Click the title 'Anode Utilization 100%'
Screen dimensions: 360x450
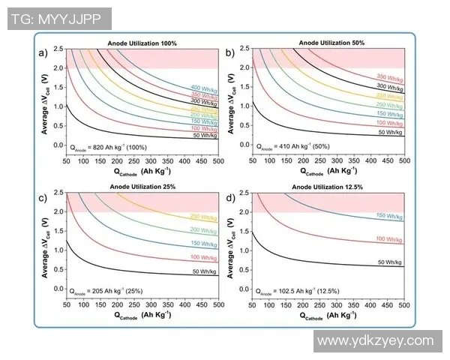pyautogui.click(x=142, y=43)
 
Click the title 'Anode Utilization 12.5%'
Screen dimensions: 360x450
pyautogui.click(x=330, y=187)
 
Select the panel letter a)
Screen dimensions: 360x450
pyautogui.click(x=44, y=52)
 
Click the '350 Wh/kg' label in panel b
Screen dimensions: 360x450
pyautogui.click(x=391, y=77)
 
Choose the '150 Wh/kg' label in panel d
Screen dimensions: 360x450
pyautogui.click(x=391, y=215)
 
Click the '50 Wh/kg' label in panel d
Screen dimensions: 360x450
pyautogui.click(x=391, y=262)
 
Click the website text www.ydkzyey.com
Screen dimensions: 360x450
pyautogui.click(x=376, y=340)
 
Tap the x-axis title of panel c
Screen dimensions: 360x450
pyautogui.click(x=142, y=316)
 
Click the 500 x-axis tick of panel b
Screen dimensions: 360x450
pyautogui.click(x=403, y=160)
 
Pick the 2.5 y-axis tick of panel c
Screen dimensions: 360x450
pyautogui.click(x=58, y=193)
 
